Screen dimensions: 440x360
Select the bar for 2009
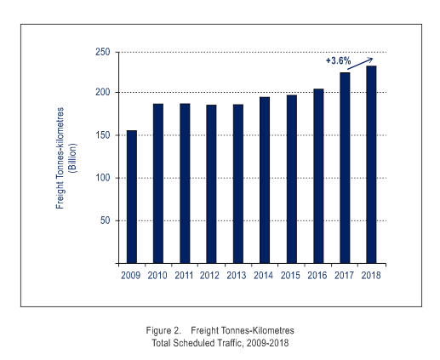click(x=132, y=197)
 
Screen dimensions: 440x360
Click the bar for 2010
click(x=158, y=184)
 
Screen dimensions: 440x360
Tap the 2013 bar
click(x=238, y=184)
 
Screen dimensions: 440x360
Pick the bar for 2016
click(x=318, y=176)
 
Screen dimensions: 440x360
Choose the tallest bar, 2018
click(x=371, y=164)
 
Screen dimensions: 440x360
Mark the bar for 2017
click(x=345, y=168)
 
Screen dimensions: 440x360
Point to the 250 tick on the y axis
click(x=103, y=52)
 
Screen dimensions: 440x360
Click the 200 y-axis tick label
click(x=103, y=93)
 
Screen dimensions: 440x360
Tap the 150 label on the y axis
click(x=103, y=135)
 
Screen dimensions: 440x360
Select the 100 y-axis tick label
click(x=103, y=178)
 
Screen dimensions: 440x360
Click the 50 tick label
click(x=105, y=220)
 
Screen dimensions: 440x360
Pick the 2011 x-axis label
click(x=184, y=276)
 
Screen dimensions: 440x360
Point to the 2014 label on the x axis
click(x=263, y=276)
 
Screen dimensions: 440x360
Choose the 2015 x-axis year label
click(x=290, y=276)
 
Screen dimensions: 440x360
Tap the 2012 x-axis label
click(x=209, y=276)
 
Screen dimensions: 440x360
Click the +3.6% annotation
click(x=338, y=60)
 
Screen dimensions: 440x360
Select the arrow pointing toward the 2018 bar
click(x=360, y=64)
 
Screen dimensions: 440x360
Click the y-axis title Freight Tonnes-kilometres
click(x=60, y=158)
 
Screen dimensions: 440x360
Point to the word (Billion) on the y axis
click(x=73, y=158)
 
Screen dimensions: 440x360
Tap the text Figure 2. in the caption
click(x=163, y=330)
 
